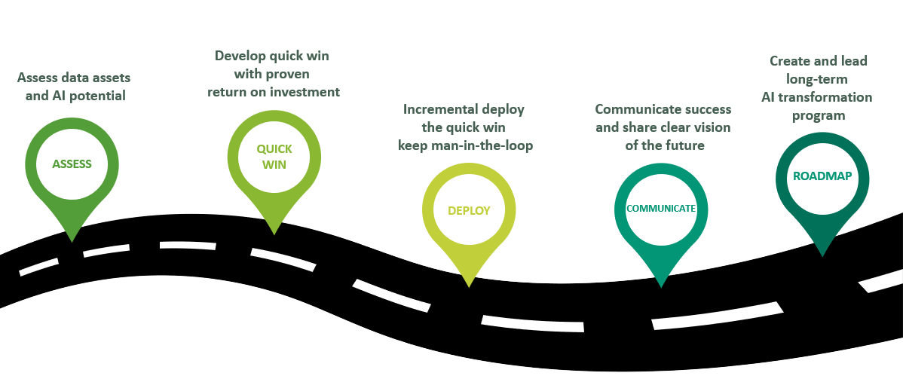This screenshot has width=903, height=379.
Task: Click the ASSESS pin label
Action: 72,164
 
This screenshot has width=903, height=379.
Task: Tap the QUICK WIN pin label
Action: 274,156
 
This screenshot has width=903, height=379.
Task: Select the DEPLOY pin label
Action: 469,210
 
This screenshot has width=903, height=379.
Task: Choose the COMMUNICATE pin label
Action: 661,208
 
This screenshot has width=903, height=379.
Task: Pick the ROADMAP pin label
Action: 822,176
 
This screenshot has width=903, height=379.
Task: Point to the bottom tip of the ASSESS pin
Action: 72,241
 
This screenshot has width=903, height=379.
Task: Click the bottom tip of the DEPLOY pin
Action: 469,287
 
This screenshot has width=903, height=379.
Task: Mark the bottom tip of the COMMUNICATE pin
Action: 661,287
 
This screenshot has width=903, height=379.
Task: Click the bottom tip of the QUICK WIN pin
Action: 274,234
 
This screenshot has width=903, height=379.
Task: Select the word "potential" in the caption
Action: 100,96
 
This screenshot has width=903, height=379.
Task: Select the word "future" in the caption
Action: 685,145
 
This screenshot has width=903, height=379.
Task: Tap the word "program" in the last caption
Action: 818,115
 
